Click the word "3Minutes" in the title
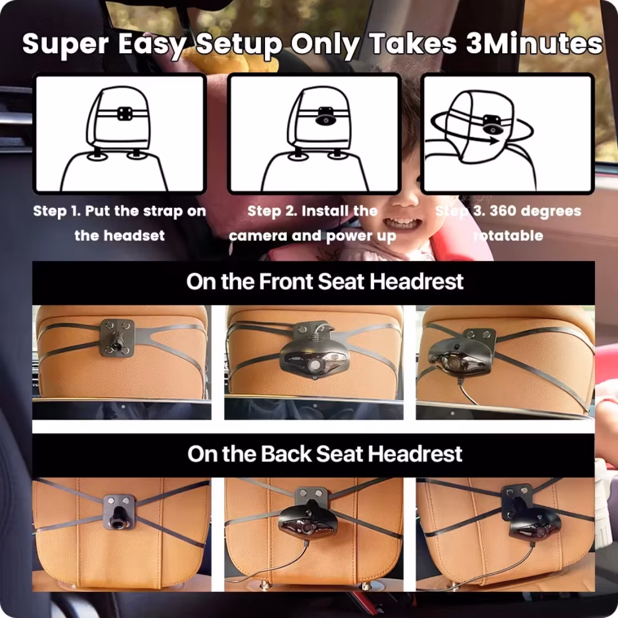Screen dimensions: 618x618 (x=534, y=43)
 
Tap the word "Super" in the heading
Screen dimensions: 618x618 (x=65, y=44)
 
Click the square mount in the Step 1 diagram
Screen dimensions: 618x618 (x=125, y=114)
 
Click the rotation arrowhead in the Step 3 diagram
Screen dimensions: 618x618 (x=494, y=140)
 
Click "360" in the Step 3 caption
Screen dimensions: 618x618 (x=502, y=211)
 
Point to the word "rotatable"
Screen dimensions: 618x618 (x=508, y=236)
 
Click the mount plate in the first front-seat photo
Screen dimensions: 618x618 (x=117, y=338)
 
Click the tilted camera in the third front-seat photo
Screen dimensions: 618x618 (x=459, y=359)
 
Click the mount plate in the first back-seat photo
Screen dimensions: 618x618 (x=119, y=512)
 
